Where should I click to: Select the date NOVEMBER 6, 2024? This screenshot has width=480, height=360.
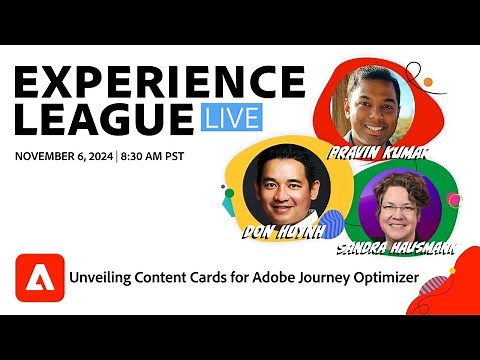tap(63, 156)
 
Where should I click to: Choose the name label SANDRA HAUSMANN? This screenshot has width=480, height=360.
tap(396, 245)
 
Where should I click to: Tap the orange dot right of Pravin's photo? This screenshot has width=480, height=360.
tap(427, 82)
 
